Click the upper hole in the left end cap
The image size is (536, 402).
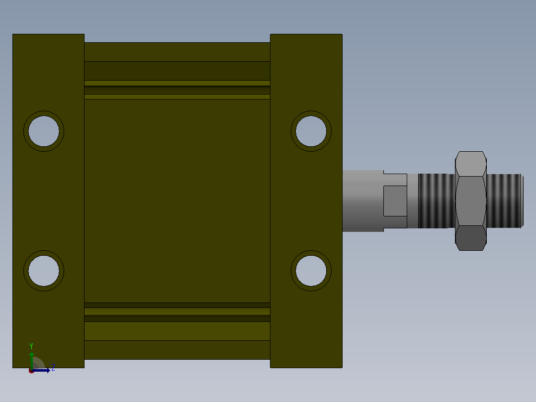tap(44, 131)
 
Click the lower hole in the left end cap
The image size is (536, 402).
tap(44, 271)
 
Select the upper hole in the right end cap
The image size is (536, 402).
tap(311, 131)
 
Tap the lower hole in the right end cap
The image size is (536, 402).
tap(311, 271)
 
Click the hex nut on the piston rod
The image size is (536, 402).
tap(471, 201)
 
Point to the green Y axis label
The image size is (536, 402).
tap(31, 346)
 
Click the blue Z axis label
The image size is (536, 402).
tap(53, 368)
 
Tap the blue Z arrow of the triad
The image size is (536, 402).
tap(41, 370)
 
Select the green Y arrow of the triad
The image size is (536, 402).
tap(32, 361)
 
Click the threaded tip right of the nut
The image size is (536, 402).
tap(505, 201)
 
